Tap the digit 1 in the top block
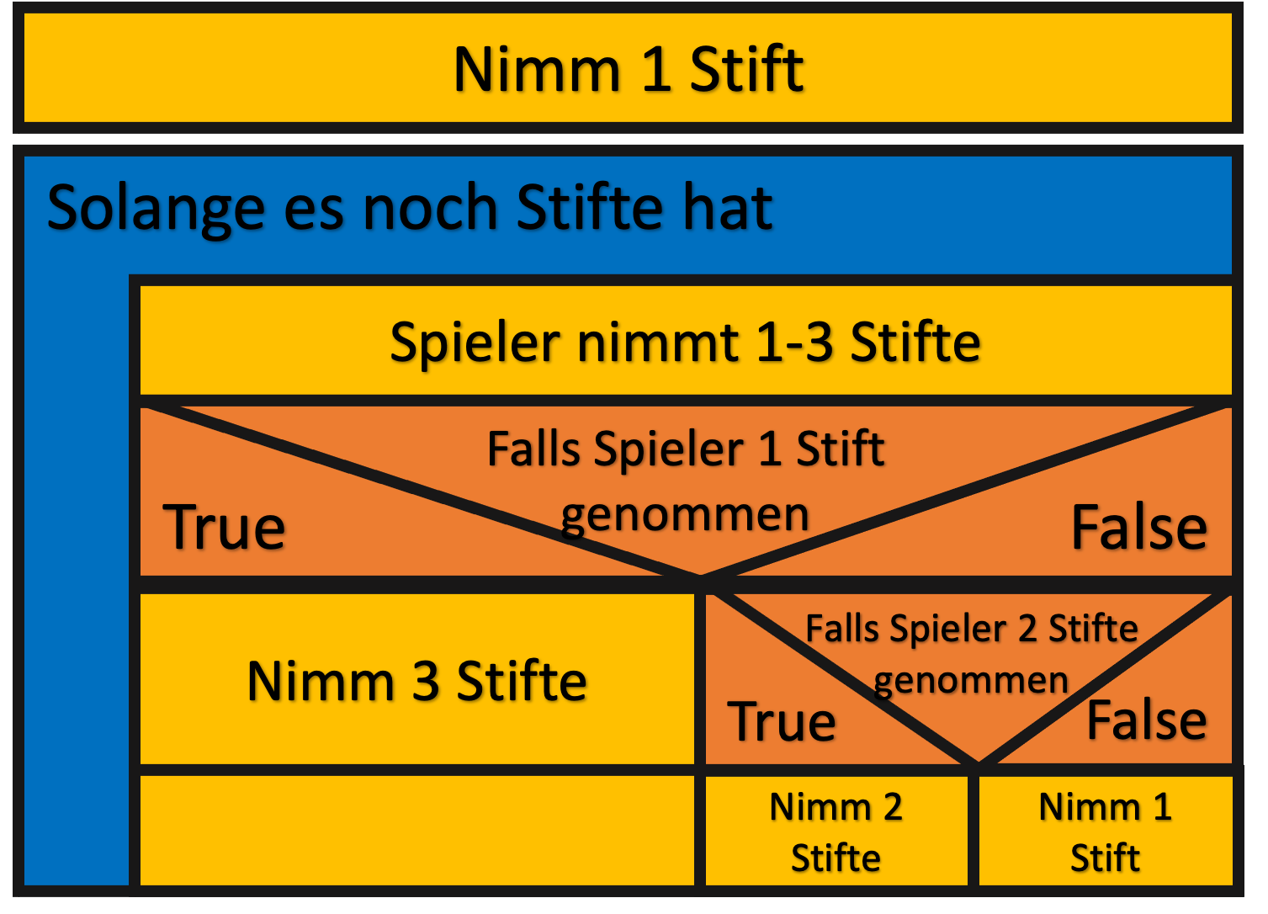click(655, 69)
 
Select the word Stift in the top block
click(746, 69)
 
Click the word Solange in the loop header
click(155, 208)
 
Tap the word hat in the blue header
click(728, 208)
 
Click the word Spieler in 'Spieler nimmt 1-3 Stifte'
click(475, 343)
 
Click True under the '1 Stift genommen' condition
click(224, 528)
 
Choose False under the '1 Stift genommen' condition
click(1138, 528)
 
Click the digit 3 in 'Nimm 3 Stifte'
click(426, 681)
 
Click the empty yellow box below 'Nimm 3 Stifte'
click(416, 830)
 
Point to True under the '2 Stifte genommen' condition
click(782, 721)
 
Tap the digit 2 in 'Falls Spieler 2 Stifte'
click(1027, 629)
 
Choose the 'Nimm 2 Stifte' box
click(836, 831)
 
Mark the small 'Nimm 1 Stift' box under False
click(1105, 831)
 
